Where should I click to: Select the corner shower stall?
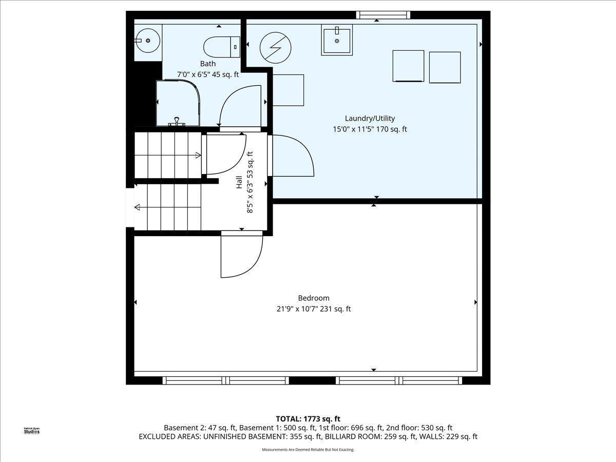(178, 103)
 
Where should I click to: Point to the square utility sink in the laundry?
(337, 41)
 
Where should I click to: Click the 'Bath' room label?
(208, 64)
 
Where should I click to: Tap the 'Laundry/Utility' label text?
(370, 119)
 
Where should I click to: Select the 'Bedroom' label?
(314, 298)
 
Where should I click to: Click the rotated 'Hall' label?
(239, 182)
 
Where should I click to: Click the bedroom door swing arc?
(241, 257)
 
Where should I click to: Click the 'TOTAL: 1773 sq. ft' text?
(307, 419)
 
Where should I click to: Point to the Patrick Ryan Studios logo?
(31, 431)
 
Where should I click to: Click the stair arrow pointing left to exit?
(138, 207)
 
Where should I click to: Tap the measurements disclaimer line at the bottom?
(308, 450)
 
